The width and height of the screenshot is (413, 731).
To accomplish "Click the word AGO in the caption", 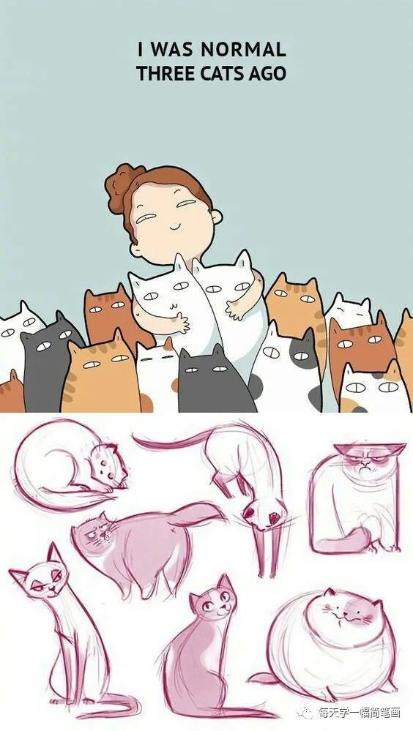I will [269, 73].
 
